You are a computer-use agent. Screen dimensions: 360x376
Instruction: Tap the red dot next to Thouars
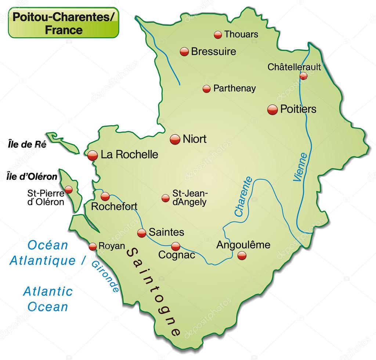click(218, 35)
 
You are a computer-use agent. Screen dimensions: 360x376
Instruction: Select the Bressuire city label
click(213, 51)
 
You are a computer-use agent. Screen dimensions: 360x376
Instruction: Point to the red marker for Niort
click(175, 139)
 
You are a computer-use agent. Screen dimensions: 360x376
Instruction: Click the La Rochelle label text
click(129, 155)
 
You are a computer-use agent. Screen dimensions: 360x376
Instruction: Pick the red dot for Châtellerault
click(303, 76)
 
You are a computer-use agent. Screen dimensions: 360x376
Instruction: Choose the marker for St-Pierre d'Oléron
click(69, 190)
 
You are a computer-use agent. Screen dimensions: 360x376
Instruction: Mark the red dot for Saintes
click(142, 233)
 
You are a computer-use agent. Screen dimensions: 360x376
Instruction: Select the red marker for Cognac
click(176, 246)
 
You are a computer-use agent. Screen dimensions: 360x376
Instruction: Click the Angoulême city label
click(243, 245)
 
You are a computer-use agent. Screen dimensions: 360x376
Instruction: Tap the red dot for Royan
click(93, 246)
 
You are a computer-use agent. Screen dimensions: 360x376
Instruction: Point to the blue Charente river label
click(243, 197)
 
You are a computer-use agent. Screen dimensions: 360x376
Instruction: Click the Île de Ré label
click(27, 145)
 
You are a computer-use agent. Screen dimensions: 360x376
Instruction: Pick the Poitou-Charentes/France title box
click(64, 22)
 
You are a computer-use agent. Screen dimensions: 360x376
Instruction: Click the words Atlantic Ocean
click(48, 299)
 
